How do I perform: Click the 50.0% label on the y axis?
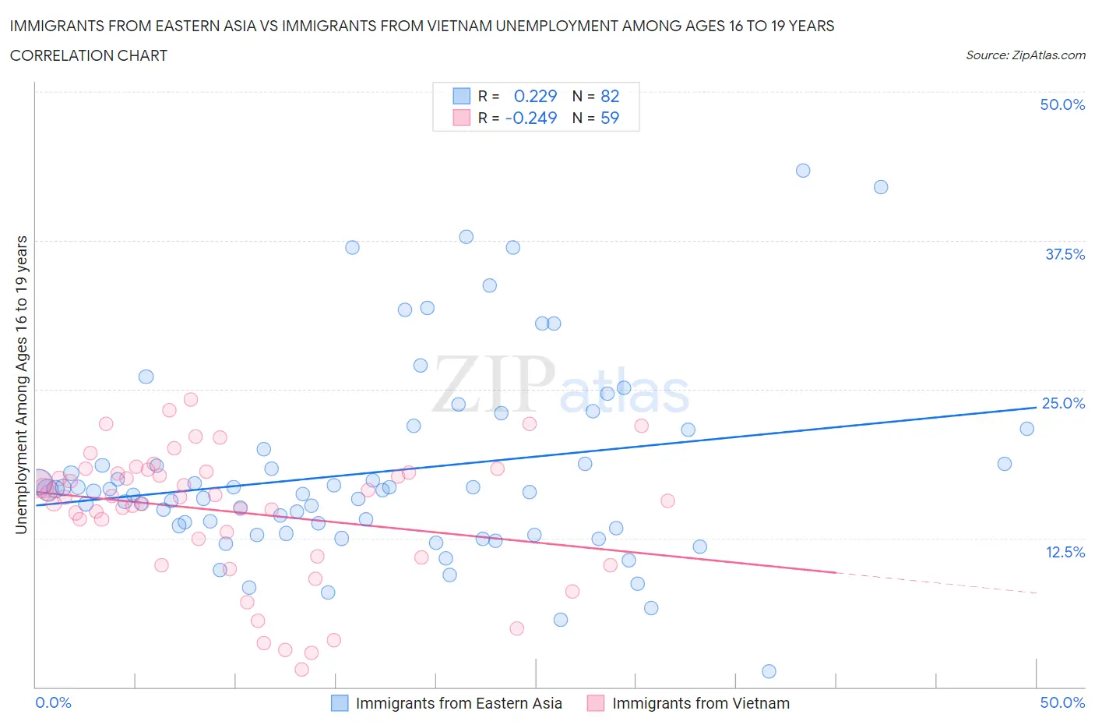pyautogui.click(x=1062, y=104)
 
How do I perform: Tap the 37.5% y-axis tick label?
pyautogui.click(x=1065, y=254)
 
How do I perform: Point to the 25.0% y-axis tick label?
pyautogui.click(x=1063, y=403)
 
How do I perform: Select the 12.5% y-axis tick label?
pyautogui.click(x=1065, y=552)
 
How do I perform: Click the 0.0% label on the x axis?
pyautogui.click(x=53, y=702)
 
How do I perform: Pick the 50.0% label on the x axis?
pyautogui.click(x=1062, y=702)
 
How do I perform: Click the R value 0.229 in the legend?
pyautogui.click(x=535, y=96)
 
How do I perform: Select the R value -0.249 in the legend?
pyautogui.click(x=531, y=118)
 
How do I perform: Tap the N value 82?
pyautogui.click(x=610, y=96)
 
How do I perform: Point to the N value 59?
pyautogui.click(x=610, y=118)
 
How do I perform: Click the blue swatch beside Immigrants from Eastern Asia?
pyautogui.click(x=340, y=703)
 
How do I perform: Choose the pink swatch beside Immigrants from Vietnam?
pyautogui.click(x=596, y=703)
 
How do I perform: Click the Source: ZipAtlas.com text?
pyautogui.click(x=1025, y=55)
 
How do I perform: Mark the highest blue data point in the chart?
pyautogui.click(x=803, y=171)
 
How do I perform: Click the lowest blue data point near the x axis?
pyautogui.click(x=769, y=671)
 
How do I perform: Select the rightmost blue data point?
pyautogui.click(x=1026, y=429)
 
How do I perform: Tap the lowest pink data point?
pyautogui.click(x=301, y=669)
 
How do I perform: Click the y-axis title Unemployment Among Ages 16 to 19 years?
pyautogui.click(x=21, y=384)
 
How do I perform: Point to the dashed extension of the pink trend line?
pyautogui.click(x=935, y=583)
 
